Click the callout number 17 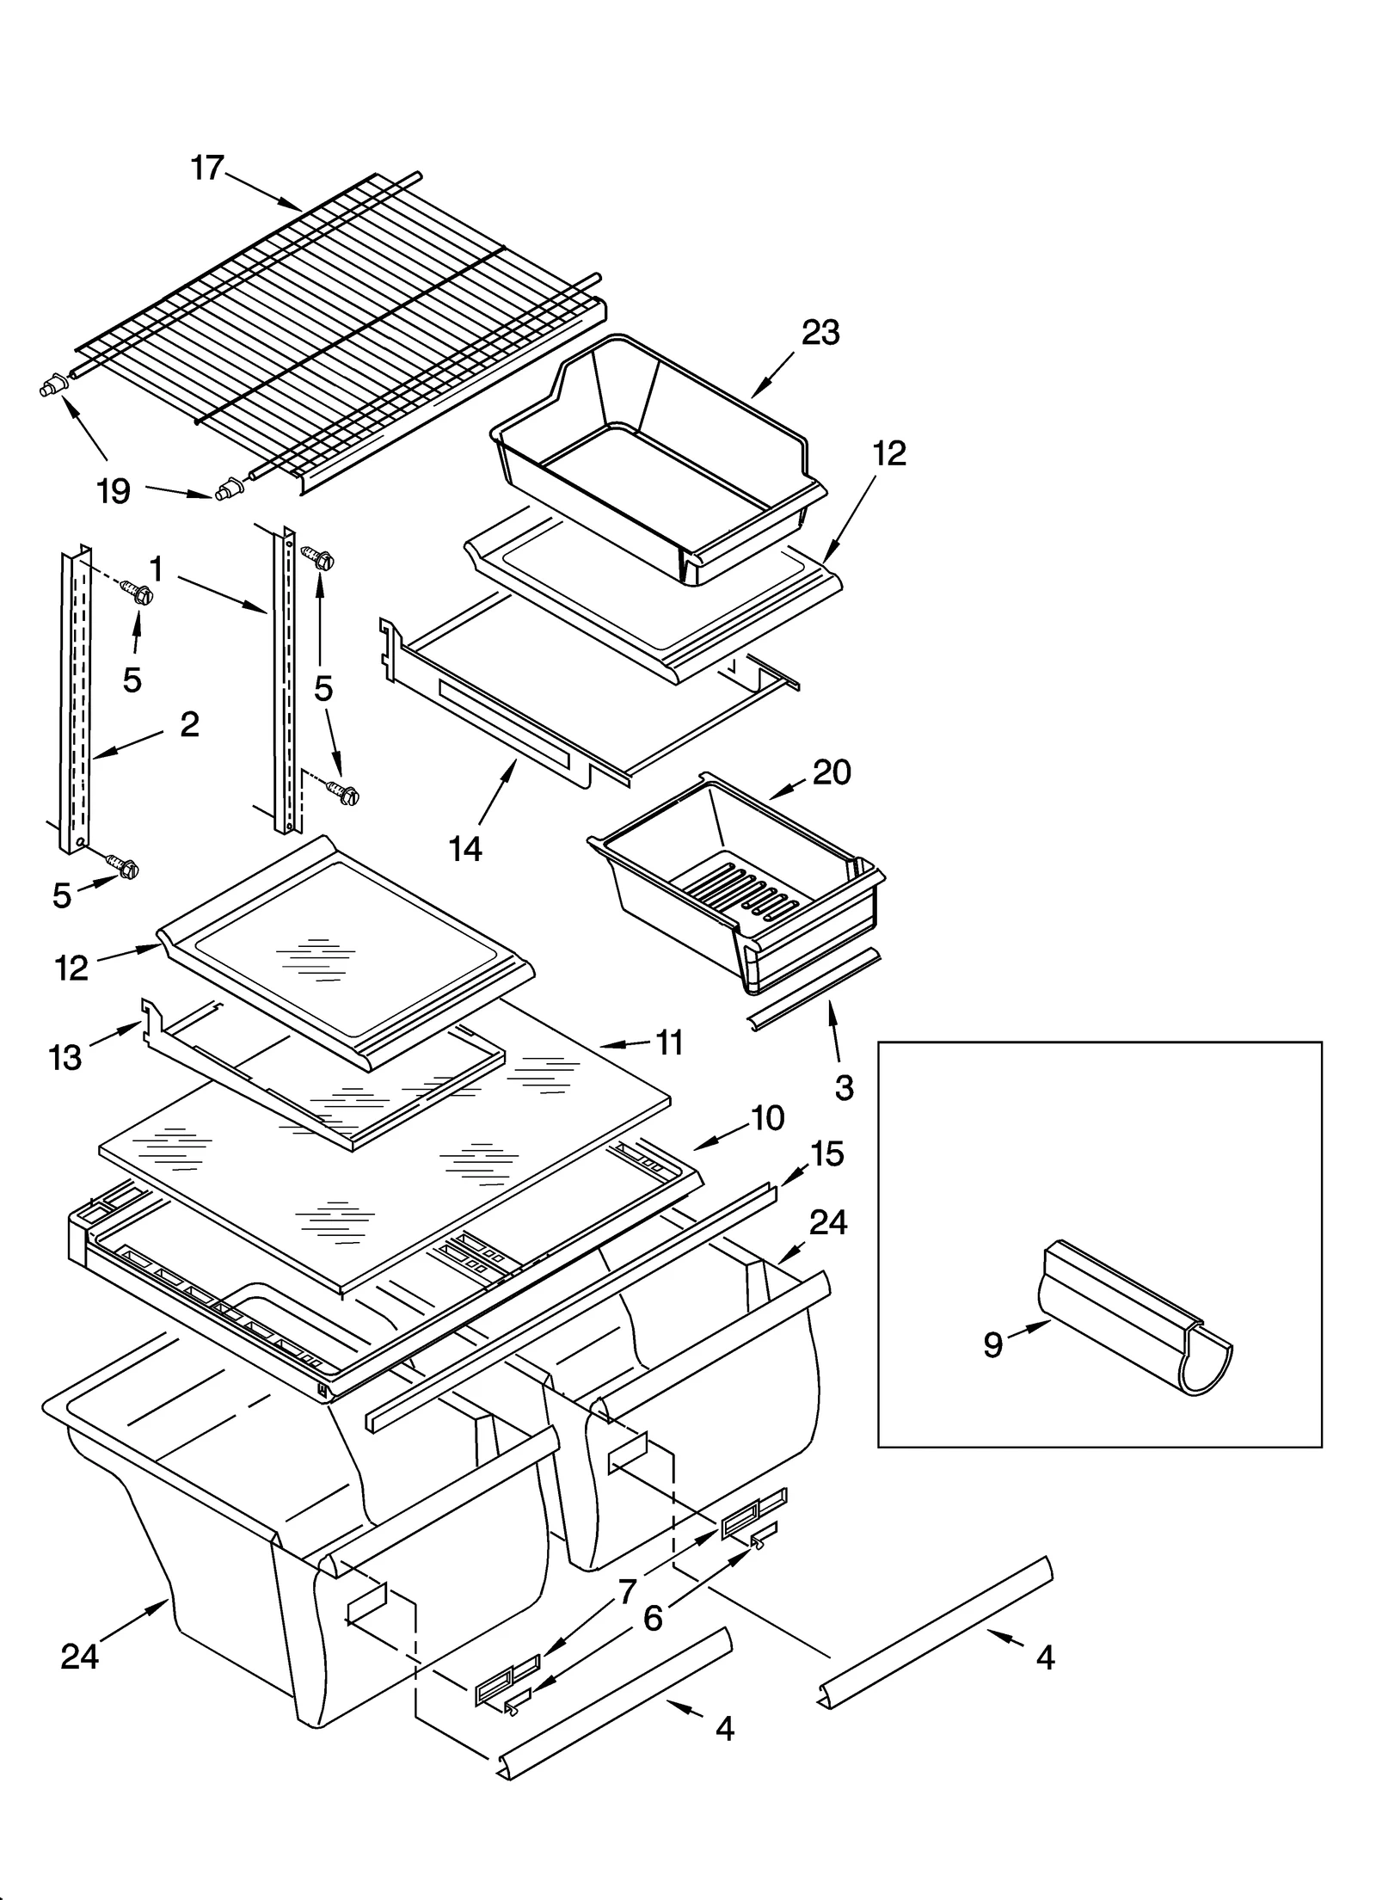tap(207, 168)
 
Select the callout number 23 tap(820, 333)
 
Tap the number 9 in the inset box tap(992, 1344)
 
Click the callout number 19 tap(114, 492)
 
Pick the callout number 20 tap(832, 772)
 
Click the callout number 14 tap(465, 850)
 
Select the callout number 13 tap(66, 1057)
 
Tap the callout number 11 tap(669, 1042)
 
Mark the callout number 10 tap(767, 1118)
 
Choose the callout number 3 tap(844, 1088)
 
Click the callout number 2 tap(189, 724)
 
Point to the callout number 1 tap(157, 569)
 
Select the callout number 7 tap(627, 1592)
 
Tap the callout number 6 tap(653, 1619)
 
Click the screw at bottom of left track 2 tap(123, 866)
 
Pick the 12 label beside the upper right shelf tap(889, 453)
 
